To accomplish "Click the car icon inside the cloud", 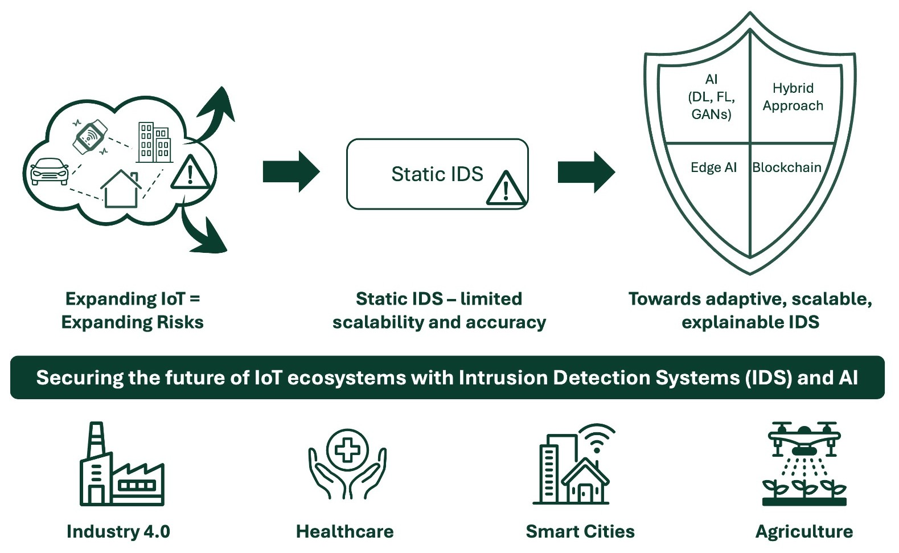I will [x=49, y=171].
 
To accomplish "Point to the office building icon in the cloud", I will [x=154, y=142].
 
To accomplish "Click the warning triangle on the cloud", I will [x=190, y=172].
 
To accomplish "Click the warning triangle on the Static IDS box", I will [x=506, y=187].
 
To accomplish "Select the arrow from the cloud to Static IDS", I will [x=291, y=171].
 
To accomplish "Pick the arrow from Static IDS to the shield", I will [x=586, y=171].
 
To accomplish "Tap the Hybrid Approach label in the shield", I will [x=793, y=97].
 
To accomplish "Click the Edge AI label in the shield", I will [x=713, y=167].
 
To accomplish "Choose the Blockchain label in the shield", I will [x=786, y=167].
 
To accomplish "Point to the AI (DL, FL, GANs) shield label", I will [x=711, y=97].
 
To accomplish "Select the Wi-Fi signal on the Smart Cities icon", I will [x=596, y=437].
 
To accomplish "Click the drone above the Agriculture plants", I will [x=804, y=439].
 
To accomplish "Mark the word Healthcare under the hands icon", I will [x=344, y=531].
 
